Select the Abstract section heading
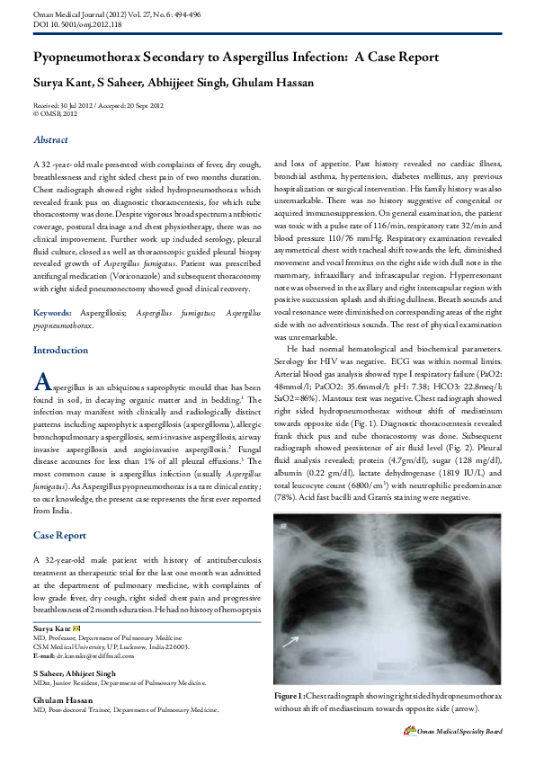(50, 140)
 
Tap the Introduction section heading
(60, 350)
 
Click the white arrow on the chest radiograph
(289, 641)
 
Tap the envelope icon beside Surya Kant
(76, 628)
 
